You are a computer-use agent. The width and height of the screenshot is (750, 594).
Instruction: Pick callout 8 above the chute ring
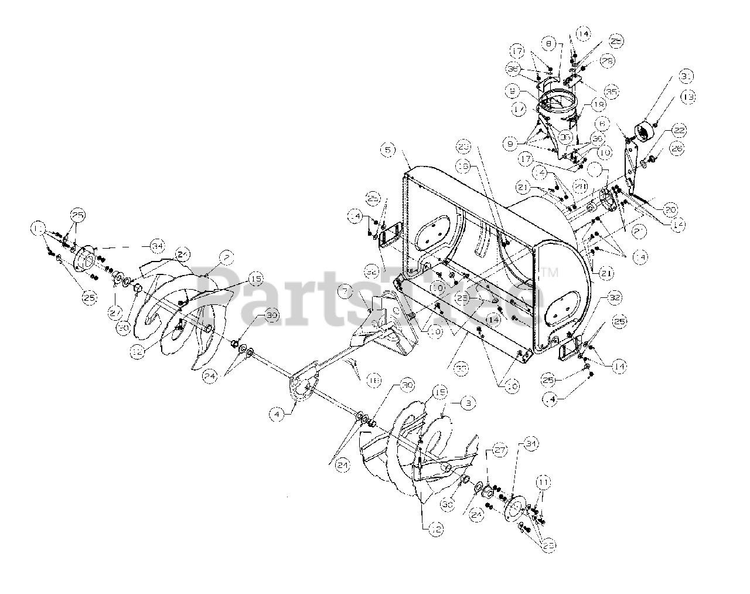click(549, 43)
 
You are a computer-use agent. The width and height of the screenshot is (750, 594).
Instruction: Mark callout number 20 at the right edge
click(670, 209)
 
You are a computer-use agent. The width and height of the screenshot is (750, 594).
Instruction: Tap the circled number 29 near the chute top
click(606, 61)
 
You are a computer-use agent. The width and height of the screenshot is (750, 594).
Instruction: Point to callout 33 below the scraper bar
click(461, 368)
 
